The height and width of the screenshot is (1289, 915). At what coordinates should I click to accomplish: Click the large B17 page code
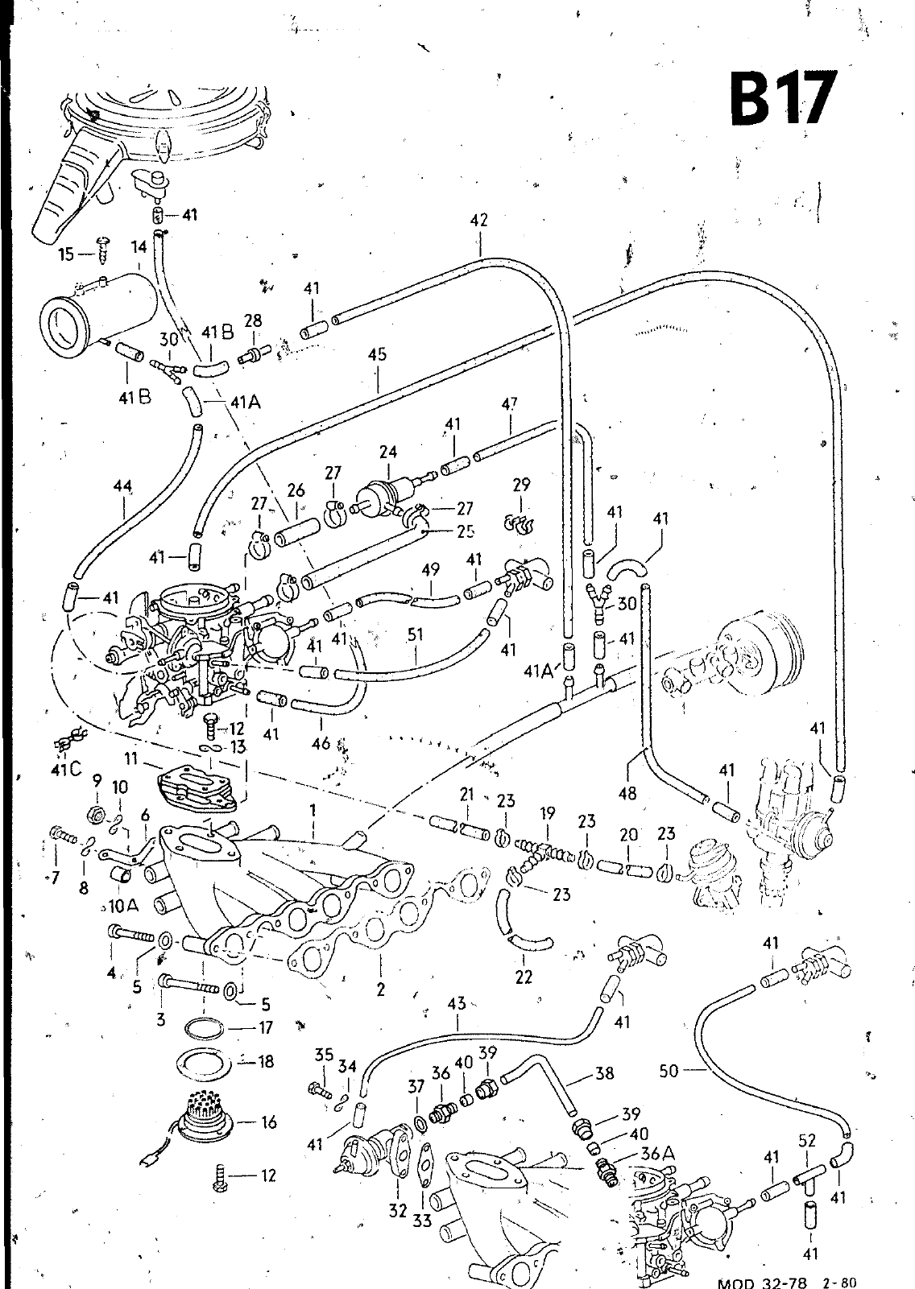point(779,99)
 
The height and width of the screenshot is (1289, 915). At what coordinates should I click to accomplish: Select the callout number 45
point(377,355)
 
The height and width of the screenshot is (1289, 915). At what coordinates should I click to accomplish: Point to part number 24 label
point(388,452)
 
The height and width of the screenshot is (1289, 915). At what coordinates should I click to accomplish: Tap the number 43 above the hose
point(457,1003)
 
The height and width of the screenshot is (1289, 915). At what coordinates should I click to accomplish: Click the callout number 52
point(807,1140)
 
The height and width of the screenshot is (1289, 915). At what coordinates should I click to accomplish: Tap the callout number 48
point(627,793)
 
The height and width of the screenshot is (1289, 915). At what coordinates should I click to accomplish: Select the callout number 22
point(524,977)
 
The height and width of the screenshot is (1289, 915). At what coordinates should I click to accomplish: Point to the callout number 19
point(548,814)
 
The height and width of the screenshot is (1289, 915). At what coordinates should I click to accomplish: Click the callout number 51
point(416,634)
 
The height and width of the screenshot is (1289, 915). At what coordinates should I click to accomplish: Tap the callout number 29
point(522,485)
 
